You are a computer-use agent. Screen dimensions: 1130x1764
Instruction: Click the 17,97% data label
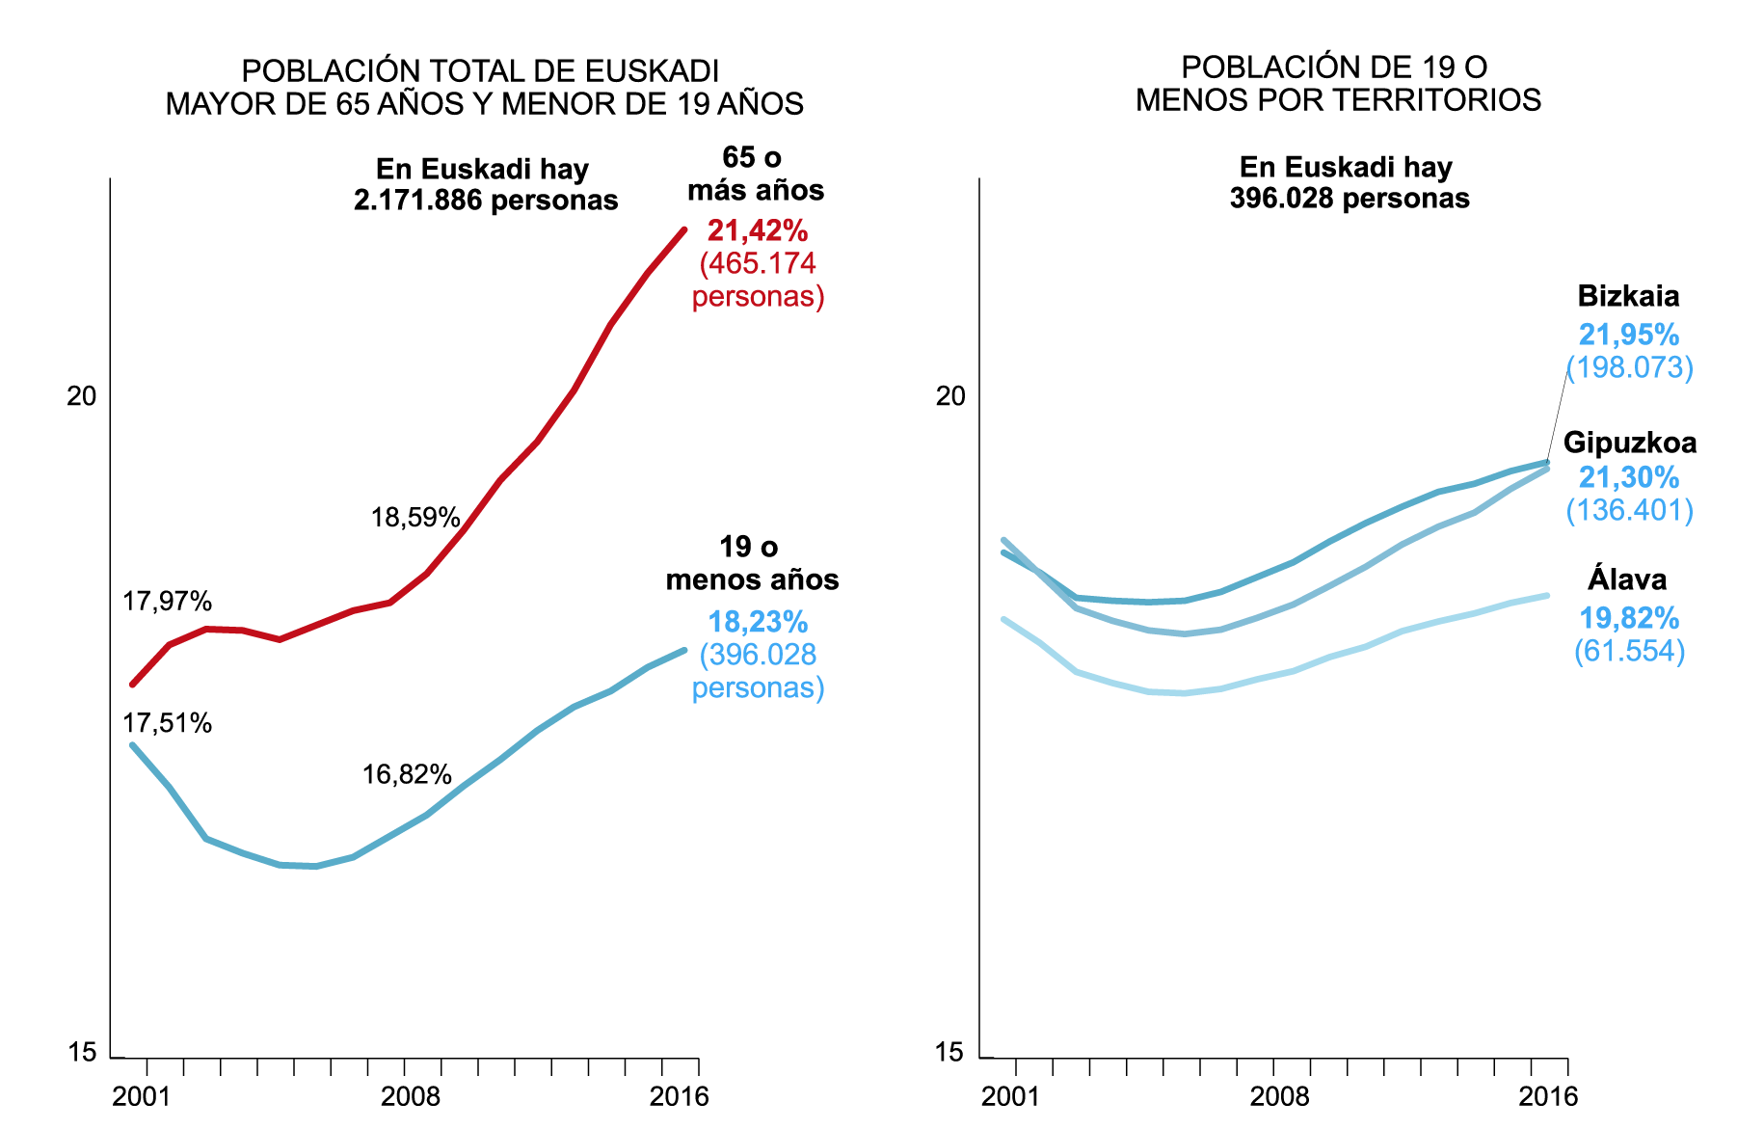pyautogui.click(x=167, y=602)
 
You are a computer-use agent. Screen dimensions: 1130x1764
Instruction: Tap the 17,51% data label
pyautogui.click(x=167, y=723)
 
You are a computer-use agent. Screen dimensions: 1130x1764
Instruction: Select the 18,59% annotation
pyautogui.click(x=415, y=518)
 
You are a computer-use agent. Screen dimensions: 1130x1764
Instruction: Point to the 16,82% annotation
pyautogui.click(x=407, y=774)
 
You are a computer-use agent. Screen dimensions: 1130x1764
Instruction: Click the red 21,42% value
pyautogui.click(x=758, y=230)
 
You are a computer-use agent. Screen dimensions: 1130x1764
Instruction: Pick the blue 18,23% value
pyautogui.click(x=758, y=622)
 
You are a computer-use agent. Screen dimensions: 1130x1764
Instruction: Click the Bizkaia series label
pyautogui.click(x=1628, y=296)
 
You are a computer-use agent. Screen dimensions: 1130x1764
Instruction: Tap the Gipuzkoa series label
pyautogui.click(x=1629, y=443)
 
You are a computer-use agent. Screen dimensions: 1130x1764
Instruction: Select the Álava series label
pyautogui.click(x=1627, y=579)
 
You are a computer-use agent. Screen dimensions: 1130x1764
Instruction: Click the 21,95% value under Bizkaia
pyautogui.click(x=1628, y=335)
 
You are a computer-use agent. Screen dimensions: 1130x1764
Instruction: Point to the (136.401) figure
pyautogui.click(x=1629, y=510)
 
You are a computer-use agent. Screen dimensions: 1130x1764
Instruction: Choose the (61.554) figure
pyautogui.click(x=1629, y=651)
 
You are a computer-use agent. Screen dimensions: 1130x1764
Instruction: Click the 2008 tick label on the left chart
pyautogui.click(x=411, y=1096)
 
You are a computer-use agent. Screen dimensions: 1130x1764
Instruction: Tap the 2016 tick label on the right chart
pyautogui.click(x=1548, y=1096)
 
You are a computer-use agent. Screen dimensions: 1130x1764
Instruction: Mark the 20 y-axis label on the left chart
pyautogui.click(x=82, y=396)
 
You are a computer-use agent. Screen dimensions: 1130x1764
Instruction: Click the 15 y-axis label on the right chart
pyautogui.click(x=949, y=1052)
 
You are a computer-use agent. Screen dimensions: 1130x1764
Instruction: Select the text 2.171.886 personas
pyautogui.click(x=486, y=201)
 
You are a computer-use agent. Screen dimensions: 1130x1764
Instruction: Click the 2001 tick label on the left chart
pyautogui.click(x=142, y=1096)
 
